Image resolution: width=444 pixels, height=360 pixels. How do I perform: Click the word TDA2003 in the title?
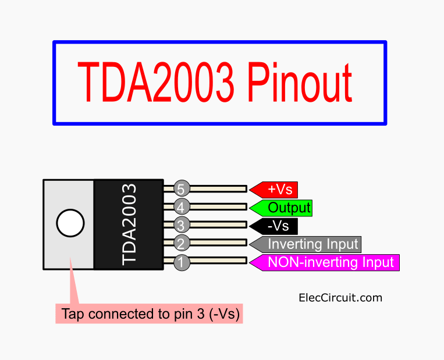point(157,82)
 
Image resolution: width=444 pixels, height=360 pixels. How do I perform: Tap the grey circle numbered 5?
point(182,188)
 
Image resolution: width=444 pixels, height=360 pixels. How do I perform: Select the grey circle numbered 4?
point(182,206)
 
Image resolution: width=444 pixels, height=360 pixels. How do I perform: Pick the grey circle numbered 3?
point(182,225)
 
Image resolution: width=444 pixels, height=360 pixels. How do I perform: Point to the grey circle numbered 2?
point(182,244)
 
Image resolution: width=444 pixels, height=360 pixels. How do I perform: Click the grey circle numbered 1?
point(182,262)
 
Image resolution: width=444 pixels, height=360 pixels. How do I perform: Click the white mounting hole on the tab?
point(70,223)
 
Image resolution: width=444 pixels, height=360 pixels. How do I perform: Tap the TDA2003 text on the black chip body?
point(129,224)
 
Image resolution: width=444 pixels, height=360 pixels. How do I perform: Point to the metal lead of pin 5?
point(218,188)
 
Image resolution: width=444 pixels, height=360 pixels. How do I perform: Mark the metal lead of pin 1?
point(218,262)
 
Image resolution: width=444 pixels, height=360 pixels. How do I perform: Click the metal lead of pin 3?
point(218,225)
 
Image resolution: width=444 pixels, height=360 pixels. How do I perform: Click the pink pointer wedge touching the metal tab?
point(74,285)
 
